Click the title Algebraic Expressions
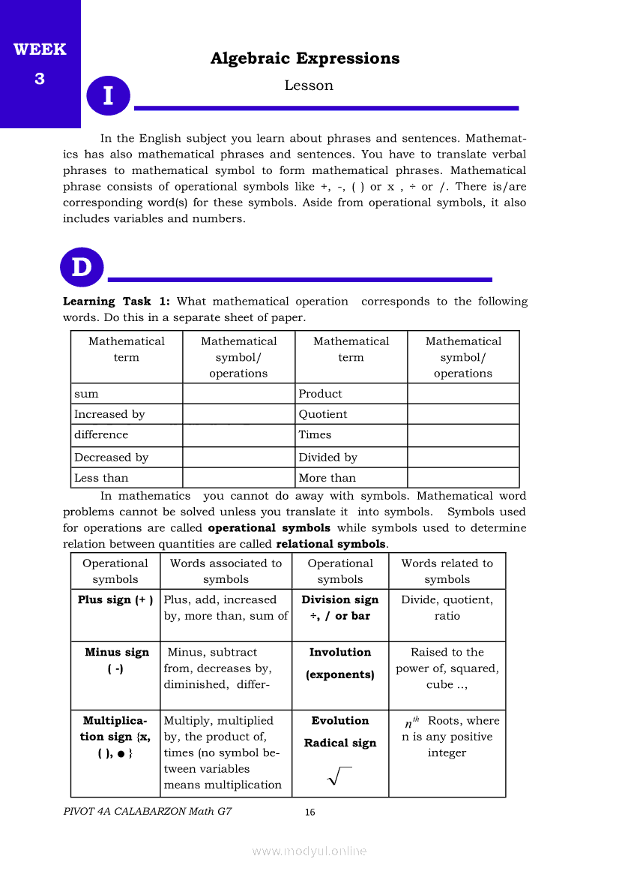[305, 59]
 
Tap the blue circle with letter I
[108, 96]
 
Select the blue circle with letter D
[82, 267]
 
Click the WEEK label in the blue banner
[40, 50]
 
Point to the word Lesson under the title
[309, 86]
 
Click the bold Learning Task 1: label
[116, 302]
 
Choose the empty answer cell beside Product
[463, 394]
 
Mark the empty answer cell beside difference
[238, 435]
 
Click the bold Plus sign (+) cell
[115, 600]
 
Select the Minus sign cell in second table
[116, 660]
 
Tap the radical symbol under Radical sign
[339, 777]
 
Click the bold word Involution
[340, 653]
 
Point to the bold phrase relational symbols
[330, 544]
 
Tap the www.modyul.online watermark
[309, 851]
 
